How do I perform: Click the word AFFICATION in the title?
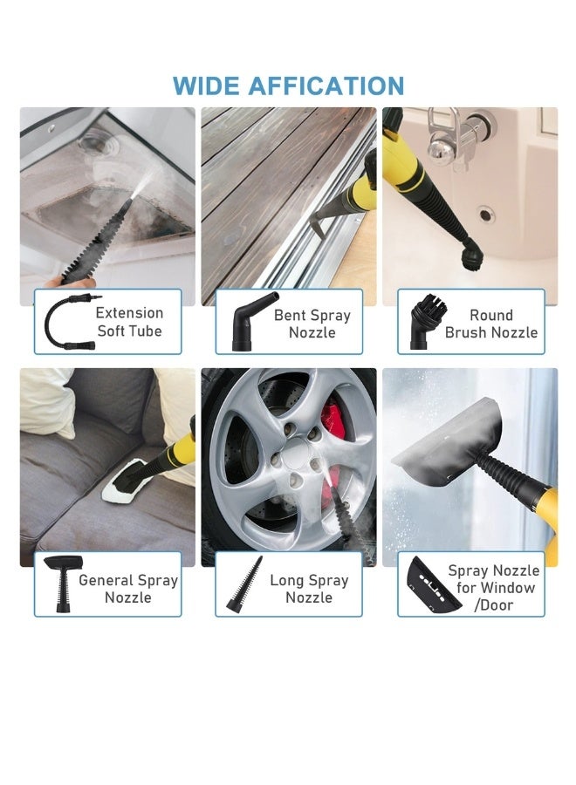coord(326,86)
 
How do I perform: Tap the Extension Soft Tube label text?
coord(129,322)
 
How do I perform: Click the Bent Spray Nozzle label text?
coord(312,324)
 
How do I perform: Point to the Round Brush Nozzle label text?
coord(491,324)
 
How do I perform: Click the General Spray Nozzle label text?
coord(127,589)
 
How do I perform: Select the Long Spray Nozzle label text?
coord(309,589)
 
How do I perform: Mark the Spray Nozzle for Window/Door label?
coord(494,588)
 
